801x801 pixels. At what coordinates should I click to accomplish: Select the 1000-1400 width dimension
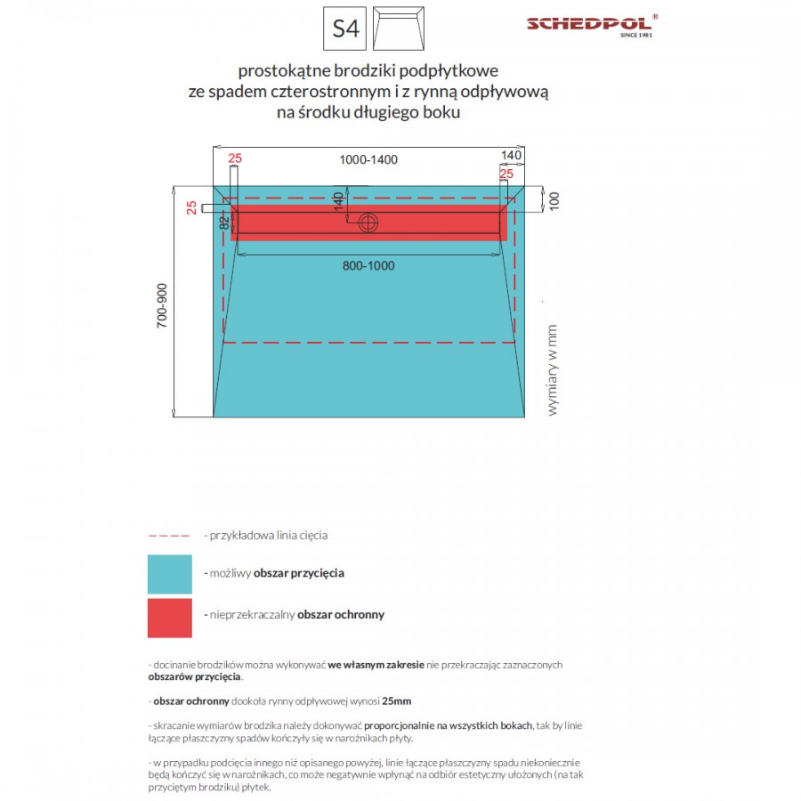368,160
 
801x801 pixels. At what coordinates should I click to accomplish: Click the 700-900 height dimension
162,307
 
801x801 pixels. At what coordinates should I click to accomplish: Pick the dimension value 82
223,222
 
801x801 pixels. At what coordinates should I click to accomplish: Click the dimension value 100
553,200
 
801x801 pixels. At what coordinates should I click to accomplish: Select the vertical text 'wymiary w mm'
552,369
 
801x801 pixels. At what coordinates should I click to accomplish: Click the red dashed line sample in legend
169,536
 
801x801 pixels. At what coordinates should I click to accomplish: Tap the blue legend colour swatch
169,574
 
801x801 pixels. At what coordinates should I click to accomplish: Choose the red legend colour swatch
169,618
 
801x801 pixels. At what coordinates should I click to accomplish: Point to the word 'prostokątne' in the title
282,69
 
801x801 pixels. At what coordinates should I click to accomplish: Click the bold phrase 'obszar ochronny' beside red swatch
341,615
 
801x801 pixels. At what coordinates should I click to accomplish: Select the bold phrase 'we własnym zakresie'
376,665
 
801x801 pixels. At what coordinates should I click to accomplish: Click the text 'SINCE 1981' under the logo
636,36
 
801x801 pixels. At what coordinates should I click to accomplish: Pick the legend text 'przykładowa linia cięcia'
266,536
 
